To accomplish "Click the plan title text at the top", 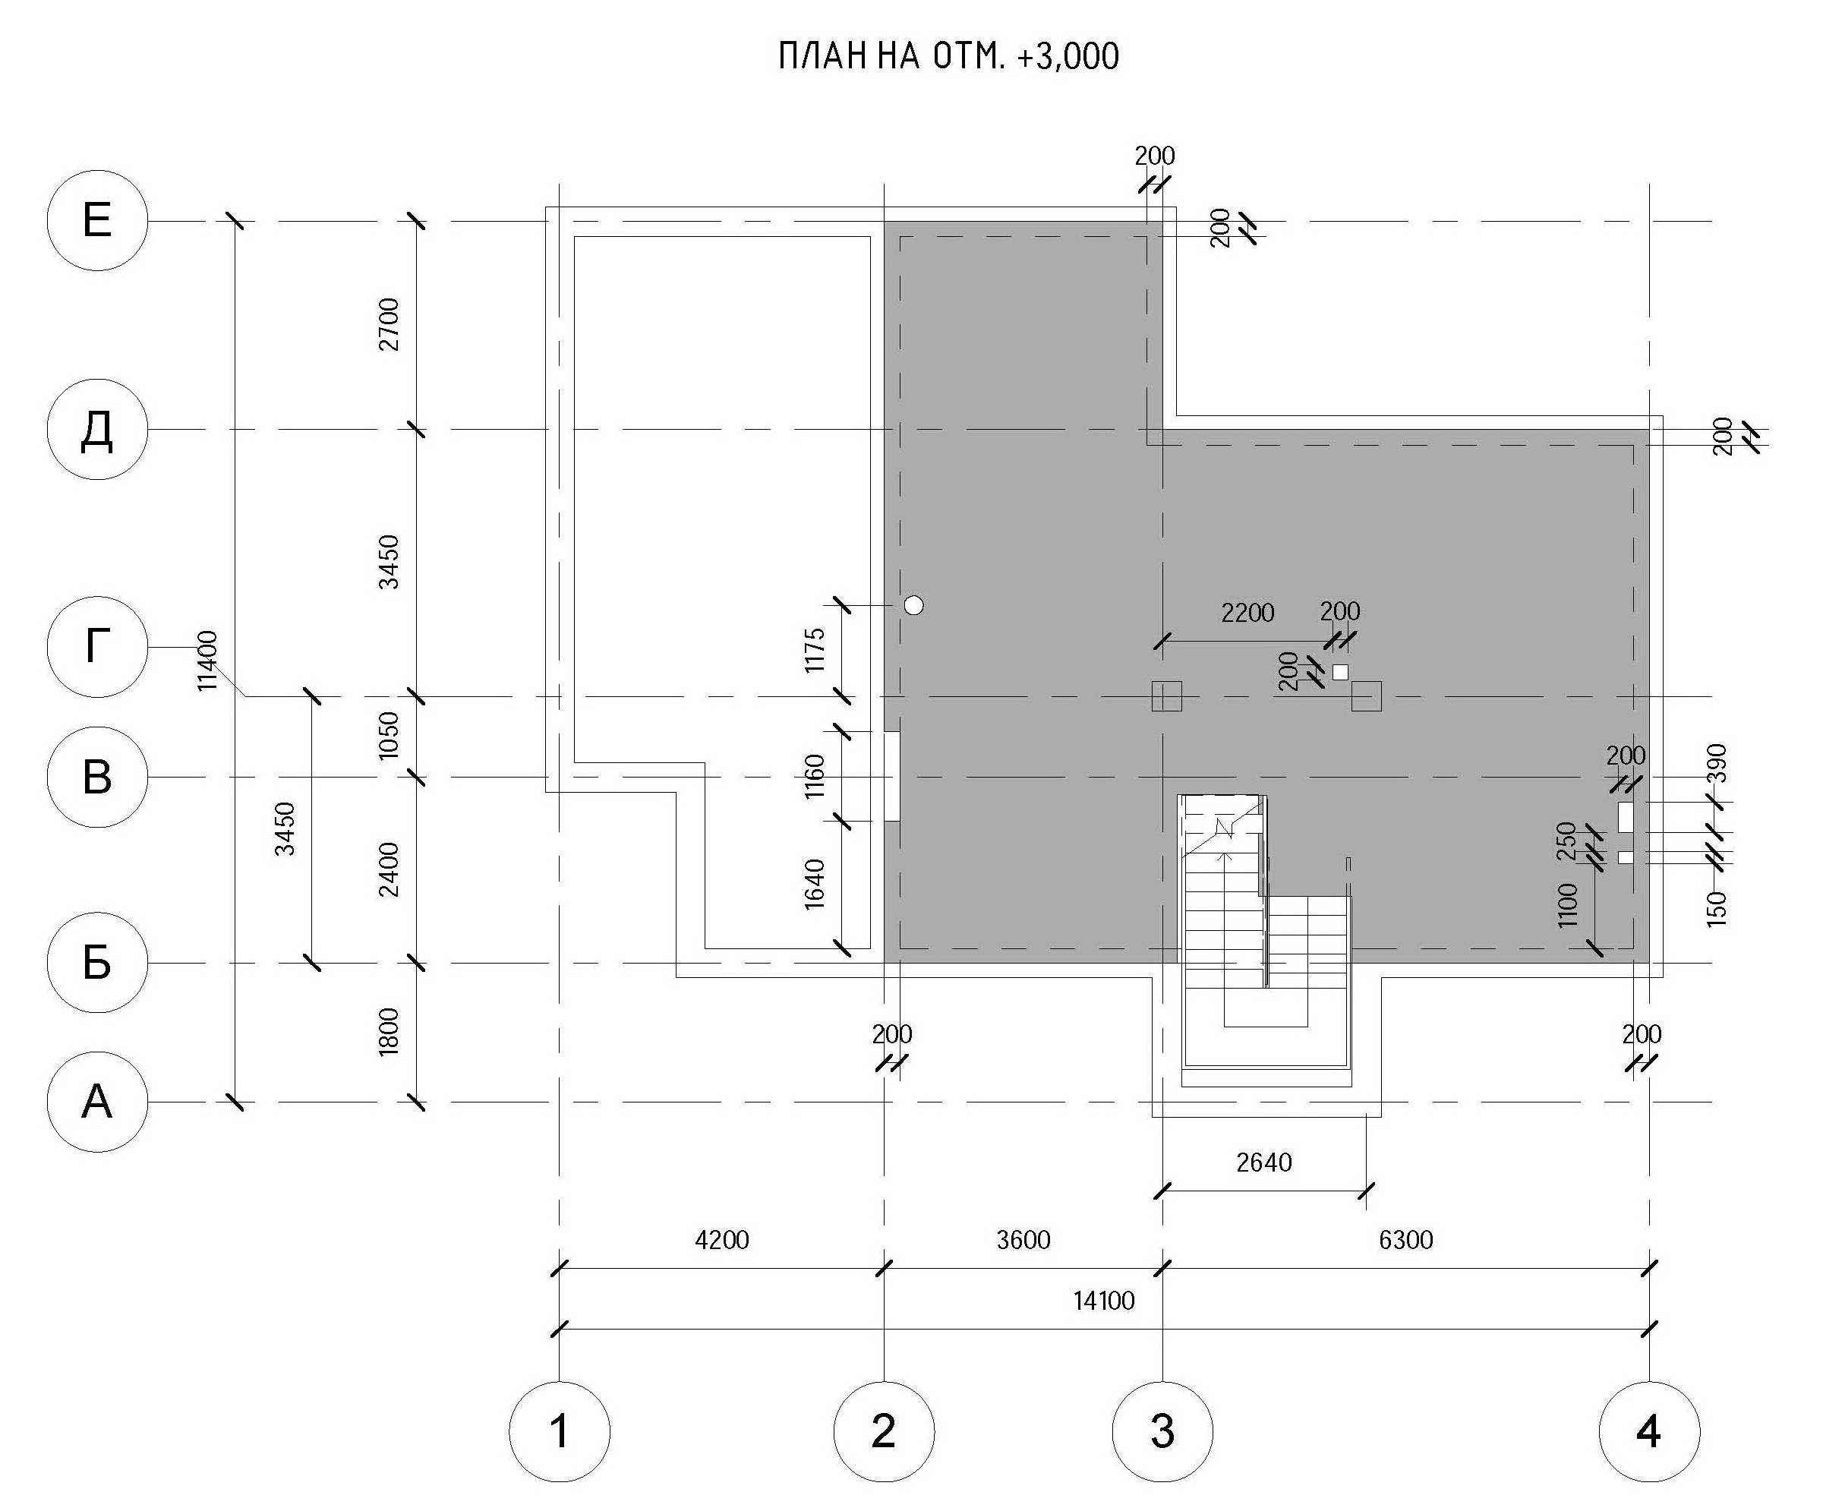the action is pyautogui.click(x=948, y=56).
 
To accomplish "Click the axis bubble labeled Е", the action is pyautogui.click(x=96, y=220).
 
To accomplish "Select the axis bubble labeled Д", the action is pyautogui.click(x=96, y=429).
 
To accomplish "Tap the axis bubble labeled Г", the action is pyautogui.click(x=96, y=647).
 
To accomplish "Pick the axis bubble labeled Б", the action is pyautogui.click(x=96, y=963).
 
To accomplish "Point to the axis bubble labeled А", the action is pyautogui.click(x=96, y=1102).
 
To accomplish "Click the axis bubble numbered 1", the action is pyautogui.click(x=559, y=1431).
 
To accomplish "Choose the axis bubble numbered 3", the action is pyautogui.click(x=1162, y=1431).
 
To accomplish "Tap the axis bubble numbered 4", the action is pyautogui.click(x=1648, y=1431).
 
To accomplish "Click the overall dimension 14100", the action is pyautogui.click(x=1103, y=1300).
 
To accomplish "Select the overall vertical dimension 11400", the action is pyautogui.click(x=207, y=661).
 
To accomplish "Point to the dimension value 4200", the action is pyautogui.click(x=721, y=1239).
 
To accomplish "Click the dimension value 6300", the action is pyautogui.click(x=1405, y=1239).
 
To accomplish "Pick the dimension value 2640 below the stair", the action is pyautogui.click(x=1264, y=1162).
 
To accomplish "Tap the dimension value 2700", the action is pyautogui.click(x=389, y=323).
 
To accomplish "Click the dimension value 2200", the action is pyautogui.click(x=1247, y=613).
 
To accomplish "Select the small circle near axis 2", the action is pyautogui.click(x=913, y=605).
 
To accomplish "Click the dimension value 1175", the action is pyautogui.click(x=814, y=650).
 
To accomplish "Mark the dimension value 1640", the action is pyautogui.click(x=814, y=884).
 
